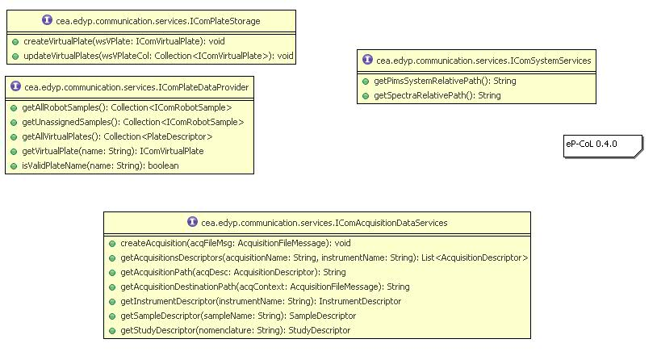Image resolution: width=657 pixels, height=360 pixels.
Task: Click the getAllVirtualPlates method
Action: (117, 136)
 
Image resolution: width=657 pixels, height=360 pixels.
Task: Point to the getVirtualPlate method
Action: (112, 151)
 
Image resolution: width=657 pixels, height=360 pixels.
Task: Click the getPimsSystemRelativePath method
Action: (445, 81)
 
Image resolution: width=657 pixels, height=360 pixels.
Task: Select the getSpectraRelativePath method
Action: (437, 95)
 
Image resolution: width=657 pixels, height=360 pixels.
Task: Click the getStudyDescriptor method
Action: (235, 330)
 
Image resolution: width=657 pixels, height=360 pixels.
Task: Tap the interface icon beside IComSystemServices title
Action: (368, 60)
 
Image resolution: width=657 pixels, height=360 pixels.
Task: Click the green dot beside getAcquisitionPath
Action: (111, 273)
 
